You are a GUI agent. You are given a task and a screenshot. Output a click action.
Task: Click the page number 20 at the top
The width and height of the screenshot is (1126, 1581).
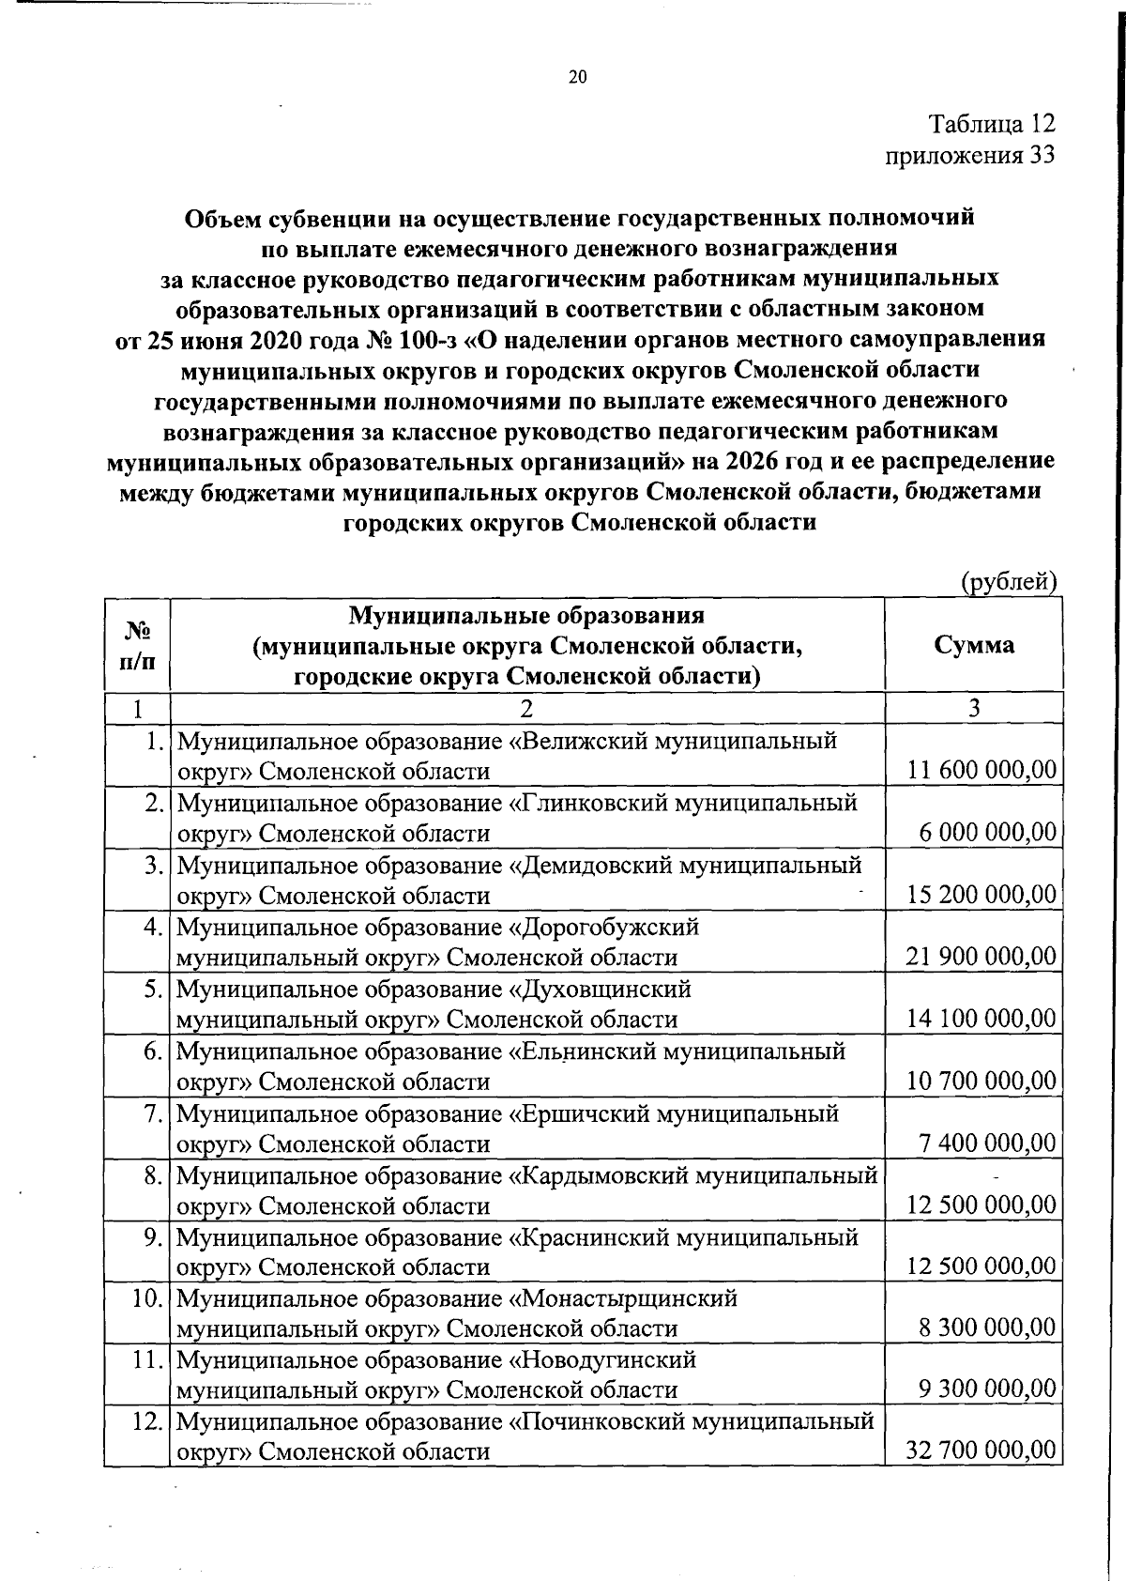coord(577,78)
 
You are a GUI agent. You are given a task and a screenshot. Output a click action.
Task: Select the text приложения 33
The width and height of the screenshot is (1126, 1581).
coord(970,155)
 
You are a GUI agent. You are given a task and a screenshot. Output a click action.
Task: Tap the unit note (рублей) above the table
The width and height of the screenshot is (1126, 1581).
coord(1010,582)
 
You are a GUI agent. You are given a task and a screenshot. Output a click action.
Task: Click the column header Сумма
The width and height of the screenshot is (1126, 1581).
coord(974,645)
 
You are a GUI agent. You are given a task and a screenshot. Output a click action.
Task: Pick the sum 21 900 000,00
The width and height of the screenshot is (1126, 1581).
coord(981,957)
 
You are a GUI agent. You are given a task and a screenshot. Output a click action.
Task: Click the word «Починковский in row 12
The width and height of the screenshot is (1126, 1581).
coord(596,1421)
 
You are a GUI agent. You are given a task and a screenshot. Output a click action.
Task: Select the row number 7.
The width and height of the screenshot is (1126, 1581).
coord(155,1113)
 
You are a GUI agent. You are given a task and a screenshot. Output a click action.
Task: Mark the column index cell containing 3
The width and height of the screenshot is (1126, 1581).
coord(974,708)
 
